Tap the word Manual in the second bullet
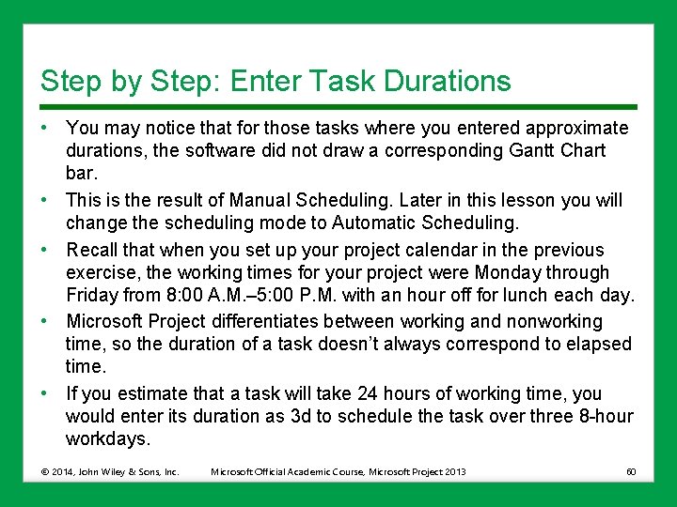tap(260, 200)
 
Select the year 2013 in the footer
tap(454, 471)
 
